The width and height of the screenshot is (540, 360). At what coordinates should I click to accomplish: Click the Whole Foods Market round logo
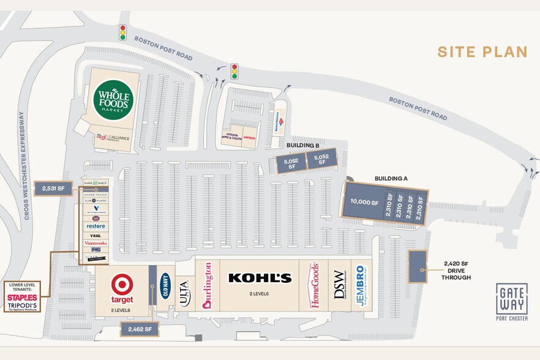(x=113, y=100)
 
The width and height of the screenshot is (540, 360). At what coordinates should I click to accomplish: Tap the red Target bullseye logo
(x=122, y=284)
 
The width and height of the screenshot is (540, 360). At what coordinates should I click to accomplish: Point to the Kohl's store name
(x=260, y=278)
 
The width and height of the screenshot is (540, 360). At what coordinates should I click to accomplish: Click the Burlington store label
(x=207, y=286)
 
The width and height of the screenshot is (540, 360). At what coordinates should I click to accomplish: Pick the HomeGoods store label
(x=315, y=285)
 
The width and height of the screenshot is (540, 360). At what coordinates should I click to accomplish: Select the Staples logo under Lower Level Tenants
(x=23, y=298)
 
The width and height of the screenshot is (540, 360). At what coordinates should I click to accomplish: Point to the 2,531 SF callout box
(x=53, y=189)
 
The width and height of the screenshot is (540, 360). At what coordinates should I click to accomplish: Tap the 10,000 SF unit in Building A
(x=364, y=202)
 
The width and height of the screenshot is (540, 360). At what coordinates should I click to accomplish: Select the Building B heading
(x=303, y=145)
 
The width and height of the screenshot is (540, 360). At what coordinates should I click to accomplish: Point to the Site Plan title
(x=482, y=52)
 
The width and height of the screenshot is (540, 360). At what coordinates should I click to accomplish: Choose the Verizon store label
(x=249, y=138)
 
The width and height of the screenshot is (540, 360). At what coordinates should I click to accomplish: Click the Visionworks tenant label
(x=96, y=243)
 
